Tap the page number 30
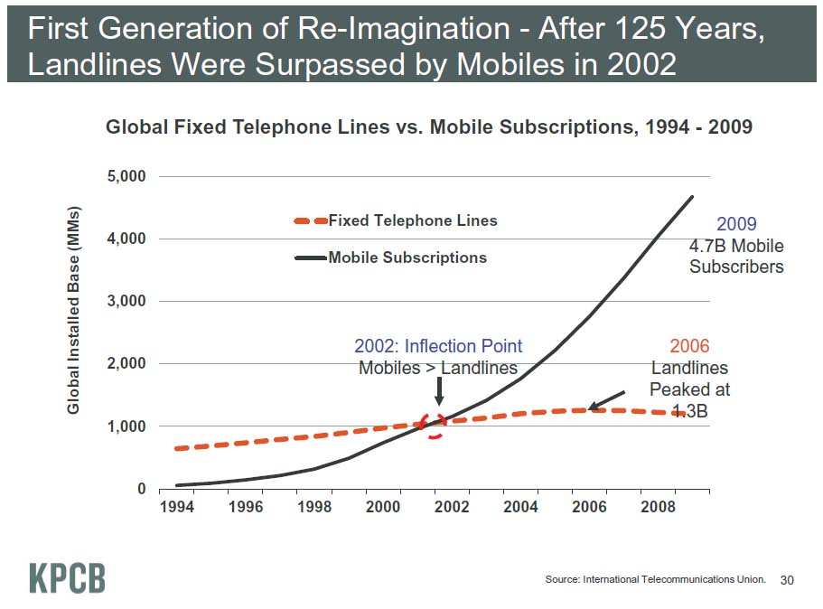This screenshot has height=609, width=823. click(x=786, y=579)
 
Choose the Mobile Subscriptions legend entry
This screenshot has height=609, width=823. click(x=407, y=258)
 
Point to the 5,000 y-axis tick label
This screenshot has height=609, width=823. click(x=127, y=176)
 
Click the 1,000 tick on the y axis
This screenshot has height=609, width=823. click(x=127, y=426)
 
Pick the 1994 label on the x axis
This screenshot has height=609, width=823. click(x=176, y=507)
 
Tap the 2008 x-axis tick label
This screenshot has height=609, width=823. click(x=658, y=507)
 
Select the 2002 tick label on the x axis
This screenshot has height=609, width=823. click(x=452, y=507)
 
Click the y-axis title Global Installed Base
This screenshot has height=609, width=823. click(x=74, y=309)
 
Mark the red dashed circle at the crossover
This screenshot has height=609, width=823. click(x=435, y=424)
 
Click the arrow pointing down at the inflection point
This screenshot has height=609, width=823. click(x=439, y=390)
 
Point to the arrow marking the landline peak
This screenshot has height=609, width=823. click(x=606, y=400)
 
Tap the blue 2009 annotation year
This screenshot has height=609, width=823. click(x=736, y=224)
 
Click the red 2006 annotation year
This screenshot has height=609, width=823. click(x=689, y=346)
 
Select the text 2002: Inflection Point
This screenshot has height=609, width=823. click(x=438, y=346)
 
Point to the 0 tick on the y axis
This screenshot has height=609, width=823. click(x=141, y=489)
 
